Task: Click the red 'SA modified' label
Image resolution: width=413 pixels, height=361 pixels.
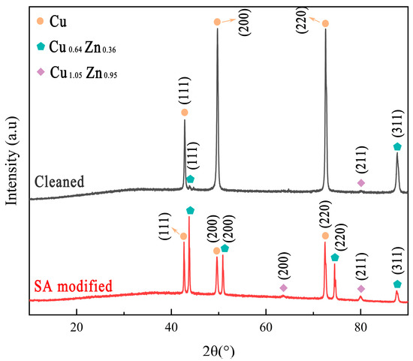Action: pyautogui.click(x=74, y=286)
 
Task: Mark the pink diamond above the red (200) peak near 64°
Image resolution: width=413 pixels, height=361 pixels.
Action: pyautogui.click(x=283, y=287)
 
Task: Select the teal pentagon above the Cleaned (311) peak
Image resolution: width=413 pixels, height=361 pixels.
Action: pyautogui.click(x=397, y=146)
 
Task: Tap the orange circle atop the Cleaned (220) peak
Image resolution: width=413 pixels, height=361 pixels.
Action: pyautogui.click(x=325, y=23)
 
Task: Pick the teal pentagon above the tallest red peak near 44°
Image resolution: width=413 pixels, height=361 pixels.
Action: pyautogui.click(x=190, y=210)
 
